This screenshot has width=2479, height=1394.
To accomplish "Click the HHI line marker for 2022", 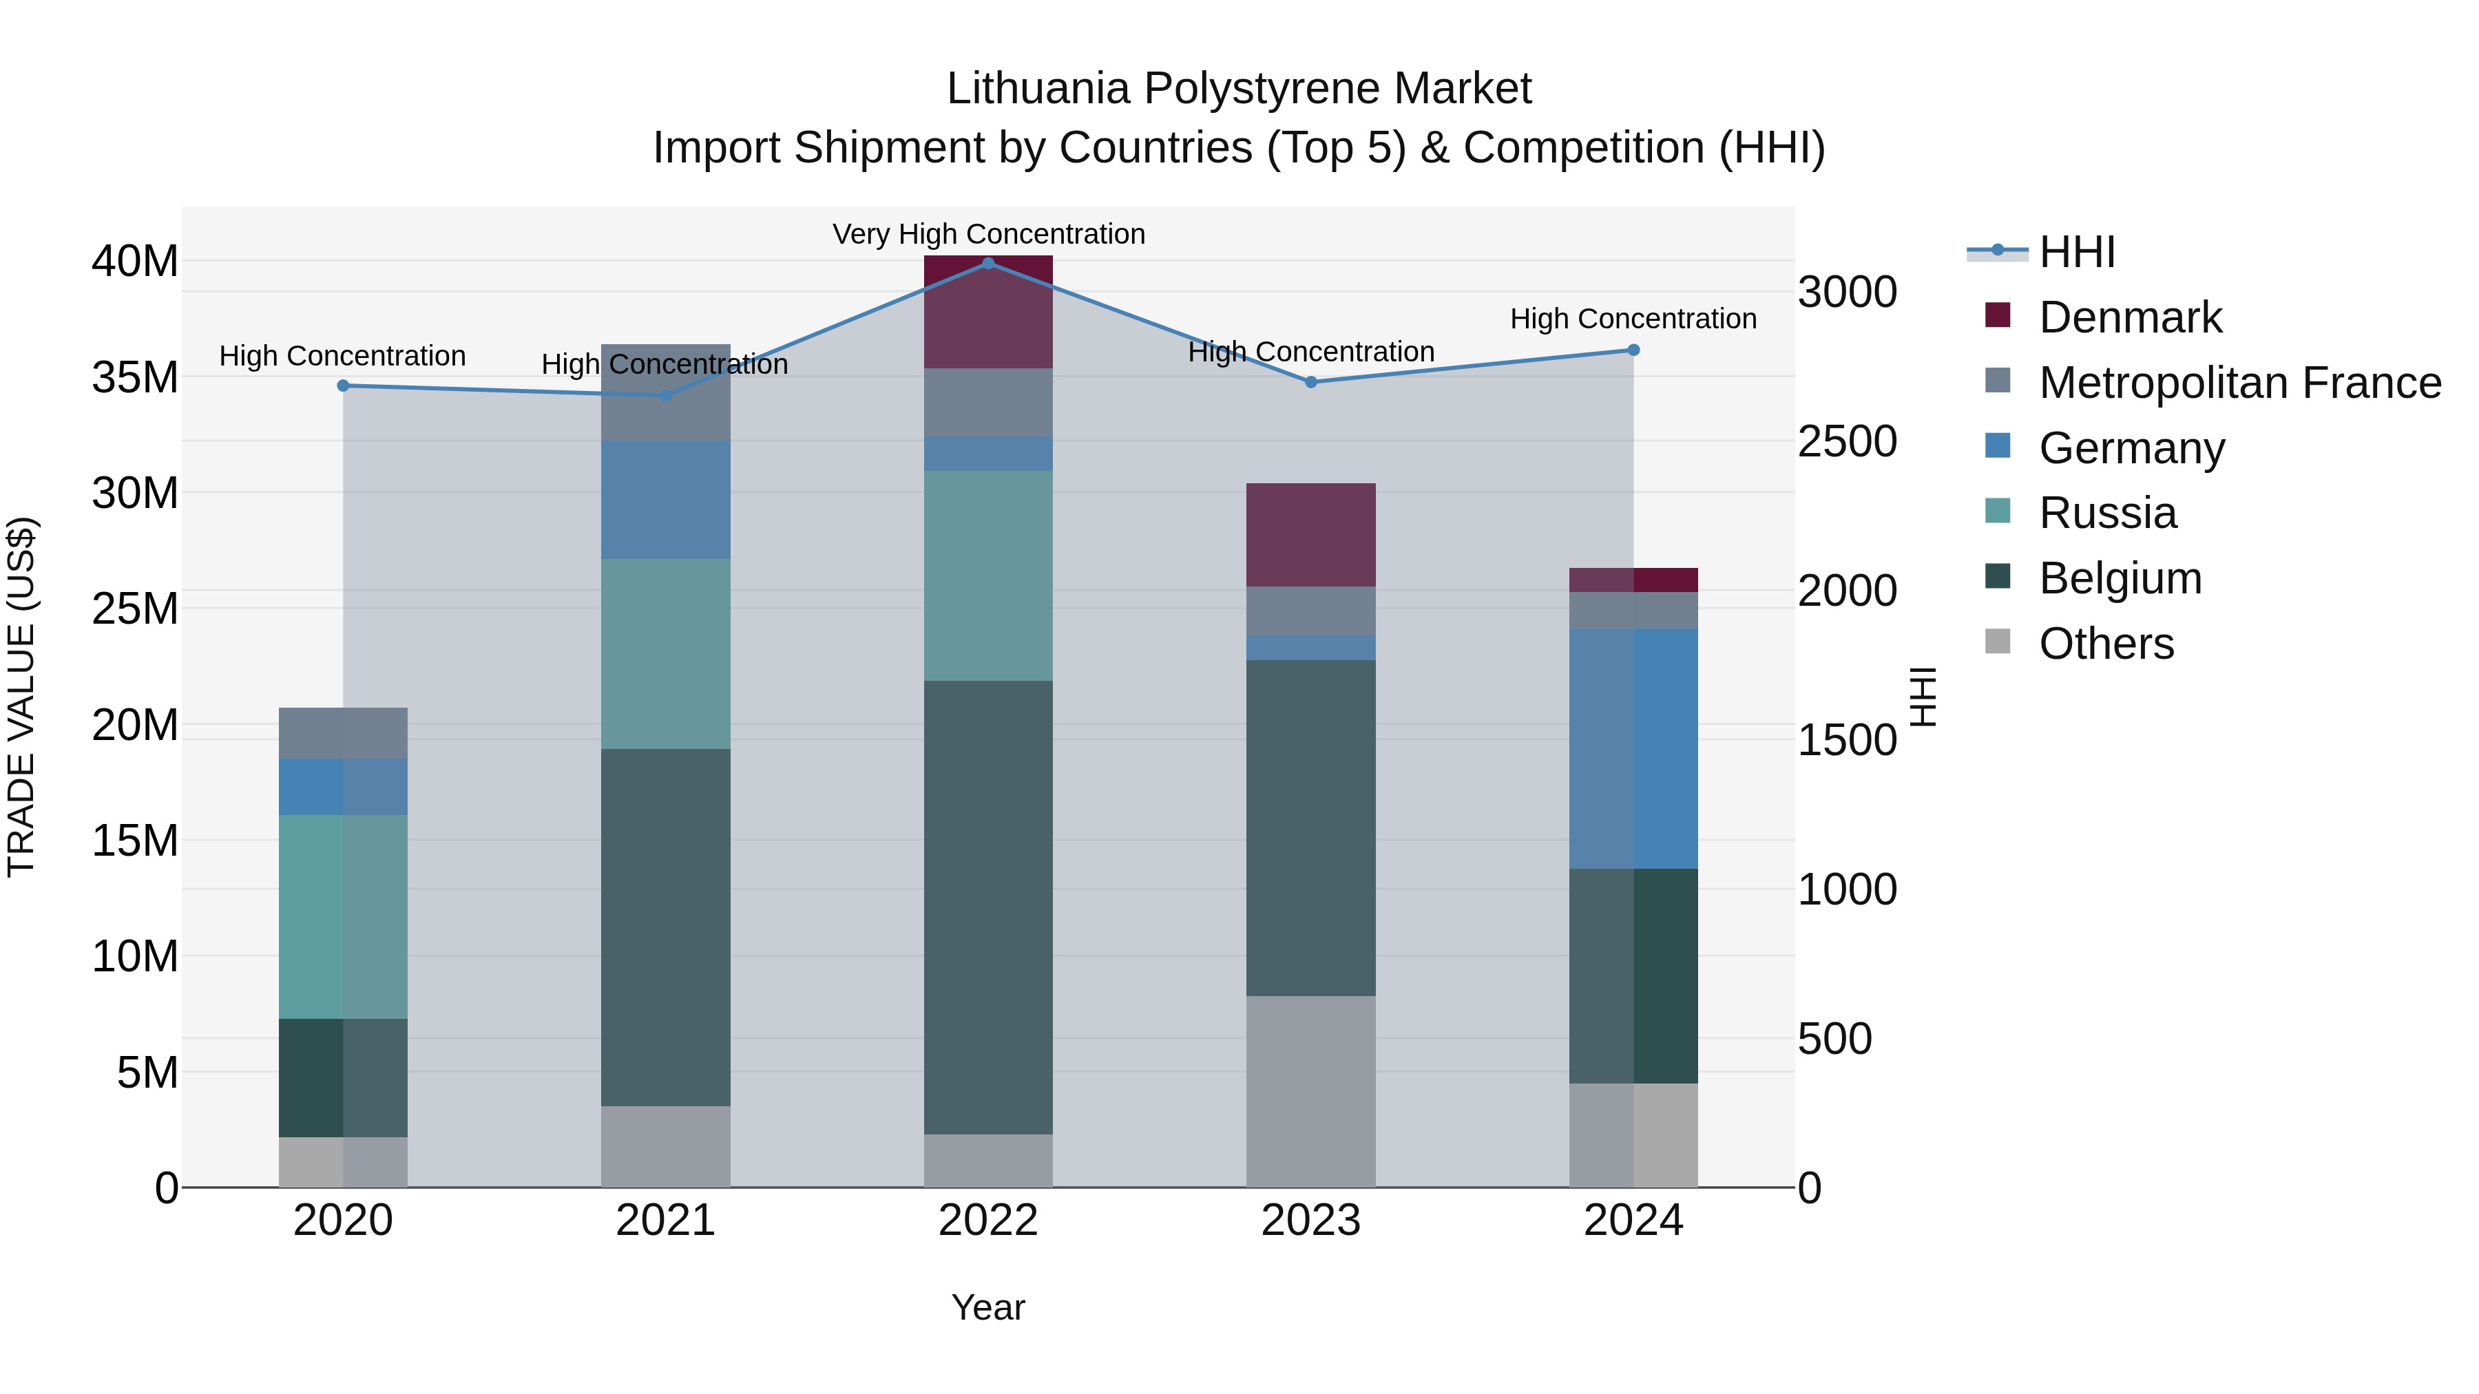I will tap(988, 263).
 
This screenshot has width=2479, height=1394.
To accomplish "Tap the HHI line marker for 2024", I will tap(1633, 350).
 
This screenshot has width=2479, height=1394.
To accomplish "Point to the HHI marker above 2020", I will tap(344, 386).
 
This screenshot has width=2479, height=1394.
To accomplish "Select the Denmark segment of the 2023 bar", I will tap(1310, 535).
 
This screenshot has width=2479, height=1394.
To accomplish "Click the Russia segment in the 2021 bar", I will tap(665, 653).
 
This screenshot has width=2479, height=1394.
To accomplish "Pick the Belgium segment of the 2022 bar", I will tap(988, 907).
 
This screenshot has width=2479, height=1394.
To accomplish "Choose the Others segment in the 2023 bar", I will tap(1310, 1091).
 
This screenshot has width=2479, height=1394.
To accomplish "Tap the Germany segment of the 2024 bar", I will tap(1633, 748).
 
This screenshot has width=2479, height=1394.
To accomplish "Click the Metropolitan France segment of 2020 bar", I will tap(344, 733).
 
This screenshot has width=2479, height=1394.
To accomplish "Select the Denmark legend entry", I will tap(2130, 317).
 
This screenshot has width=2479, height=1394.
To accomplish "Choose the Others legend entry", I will tap(2106, 644).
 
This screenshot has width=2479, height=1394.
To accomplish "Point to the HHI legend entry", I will tap(2077, 252).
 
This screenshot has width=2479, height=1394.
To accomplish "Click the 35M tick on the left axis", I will tap(135, 377).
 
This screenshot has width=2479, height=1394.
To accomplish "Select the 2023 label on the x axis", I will tap(1310, 1221).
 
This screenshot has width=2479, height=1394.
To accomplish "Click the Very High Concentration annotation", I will tap(988, 234).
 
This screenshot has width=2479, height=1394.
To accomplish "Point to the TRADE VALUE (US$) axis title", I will tap(21, 697).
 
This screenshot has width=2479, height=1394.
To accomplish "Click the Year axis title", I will tap(988, 1307).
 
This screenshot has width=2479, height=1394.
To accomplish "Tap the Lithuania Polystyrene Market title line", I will tap(1239, 89).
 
